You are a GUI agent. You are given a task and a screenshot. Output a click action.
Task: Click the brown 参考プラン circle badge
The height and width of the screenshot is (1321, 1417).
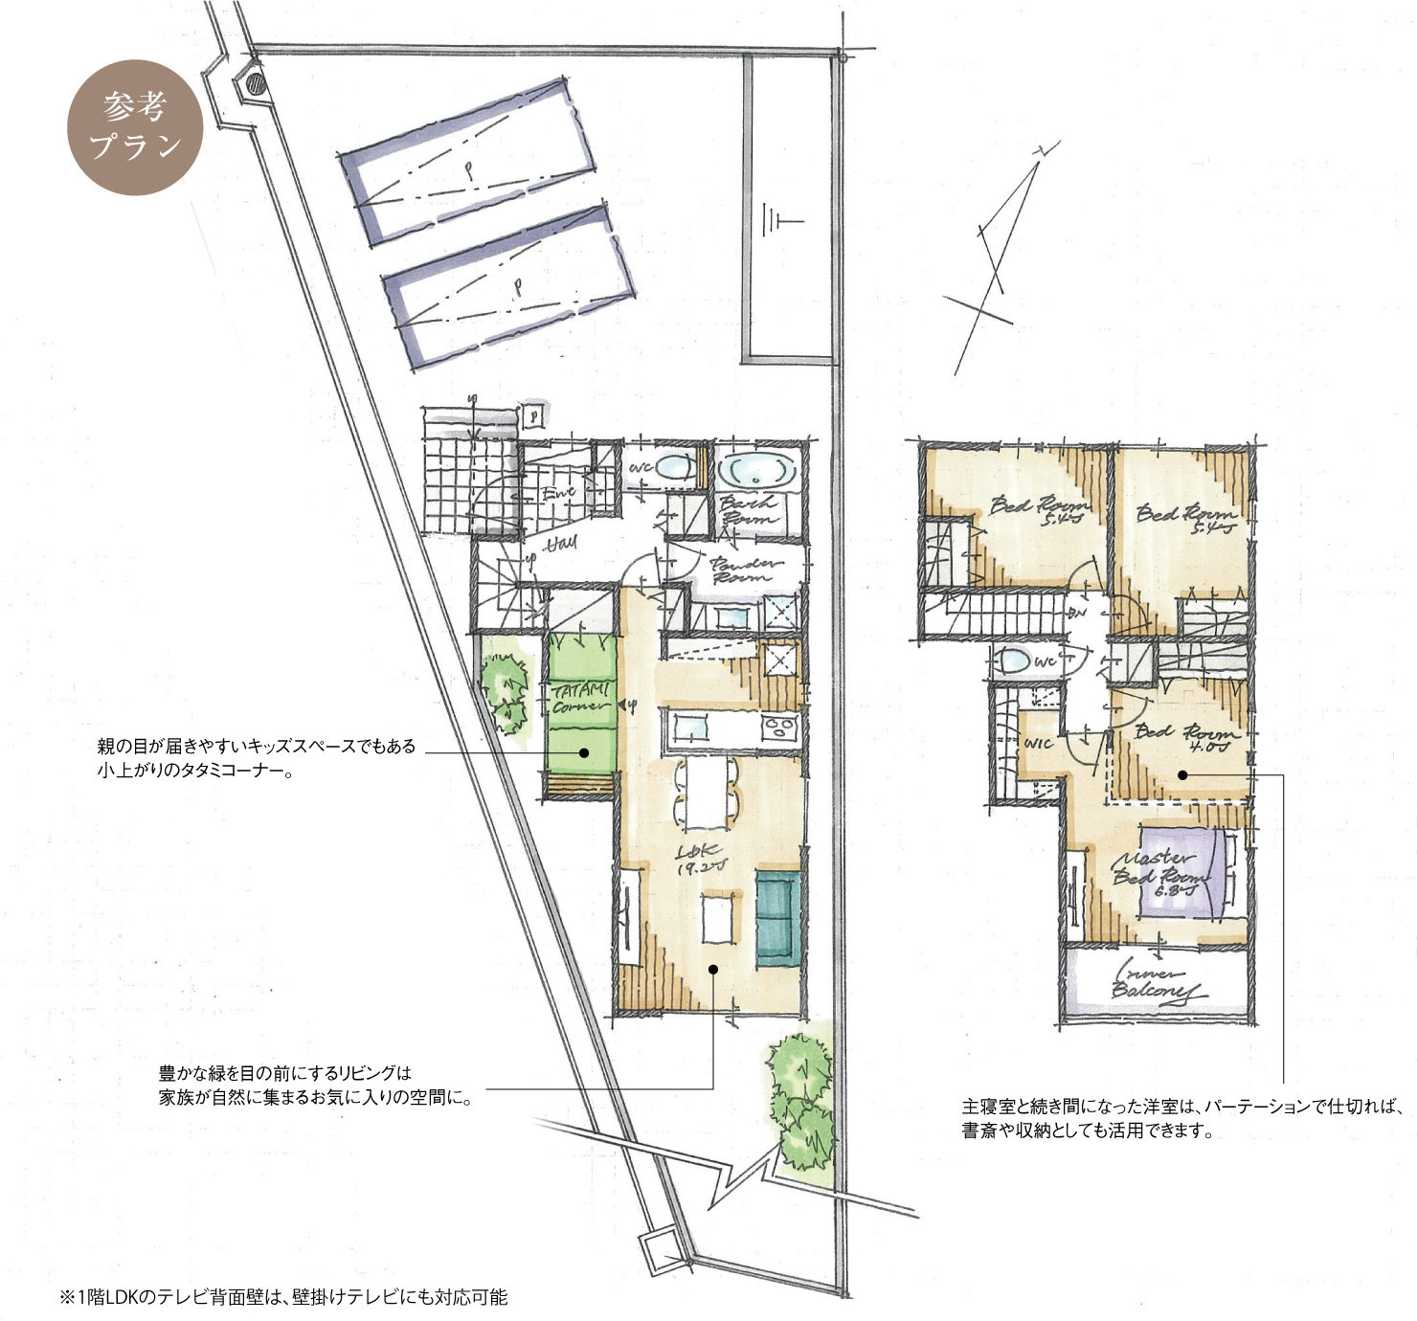pos(135,127)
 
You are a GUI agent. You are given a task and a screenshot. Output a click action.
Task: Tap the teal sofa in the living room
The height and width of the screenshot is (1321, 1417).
pos(777,919)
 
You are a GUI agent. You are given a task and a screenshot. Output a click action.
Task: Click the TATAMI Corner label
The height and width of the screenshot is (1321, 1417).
pos(580,698)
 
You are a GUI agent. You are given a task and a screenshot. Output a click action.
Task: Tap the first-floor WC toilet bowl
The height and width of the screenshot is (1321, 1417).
pos(676,468)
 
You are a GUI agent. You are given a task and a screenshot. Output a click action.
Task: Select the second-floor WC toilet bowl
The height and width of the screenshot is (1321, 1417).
pos(1013,660)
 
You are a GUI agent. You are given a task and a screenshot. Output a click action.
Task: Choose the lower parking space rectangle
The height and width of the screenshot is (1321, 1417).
pos(507,286)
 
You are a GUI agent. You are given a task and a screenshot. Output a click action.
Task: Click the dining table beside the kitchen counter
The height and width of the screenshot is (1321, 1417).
pos(707,793)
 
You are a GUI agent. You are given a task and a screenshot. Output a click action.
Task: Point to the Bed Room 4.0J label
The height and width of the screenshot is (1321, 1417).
pos(1186,738)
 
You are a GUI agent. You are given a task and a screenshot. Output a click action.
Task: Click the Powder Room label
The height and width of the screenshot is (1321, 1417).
pos(746,571)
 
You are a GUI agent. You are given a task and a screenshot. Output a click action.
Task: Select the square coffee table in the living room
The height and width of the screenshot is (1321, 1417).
pos(717,919)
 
